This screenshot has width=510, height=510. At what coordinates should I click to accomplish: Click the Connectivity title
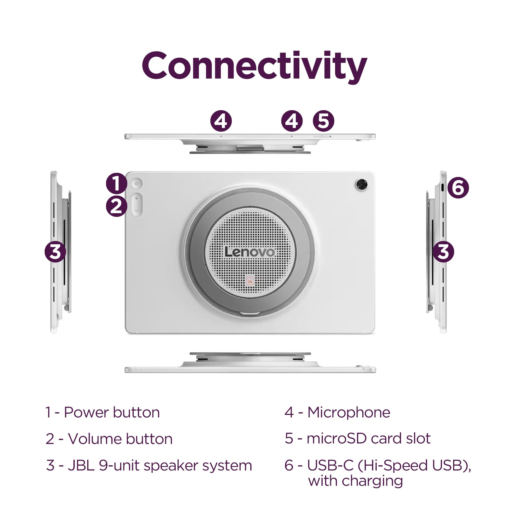[x=255, y=67]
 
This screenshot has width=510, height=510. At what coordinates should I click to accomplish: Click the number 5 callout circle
[x=324, y=121]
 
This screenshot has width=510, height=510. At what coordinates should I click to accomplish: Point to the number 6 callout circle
[x=458, y=188]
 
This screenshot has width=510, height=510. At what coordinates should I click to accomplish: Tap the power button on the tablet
[x=137, y=183]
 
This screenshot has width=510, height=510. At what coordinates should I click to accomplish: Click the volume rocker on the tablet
[x=137, y=205]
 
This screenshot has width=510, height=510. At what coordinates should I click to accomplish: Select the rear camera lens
[x=361, y=184]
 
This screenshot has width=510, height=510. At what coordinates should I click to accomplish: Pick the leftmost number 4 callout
[x=221, y=121]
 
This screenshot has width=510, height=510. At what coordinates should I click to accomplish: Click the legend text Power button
[x=112, y=413]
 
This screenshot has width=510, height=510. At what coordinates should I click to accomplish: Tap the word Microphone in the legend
[x=349, y=413]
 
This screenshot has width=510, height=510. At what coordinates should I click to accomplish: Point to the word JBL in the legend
[x=81, y=465]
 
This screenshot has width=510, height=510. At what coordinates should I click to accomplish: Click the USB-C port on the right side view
[x=443, y=188]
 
